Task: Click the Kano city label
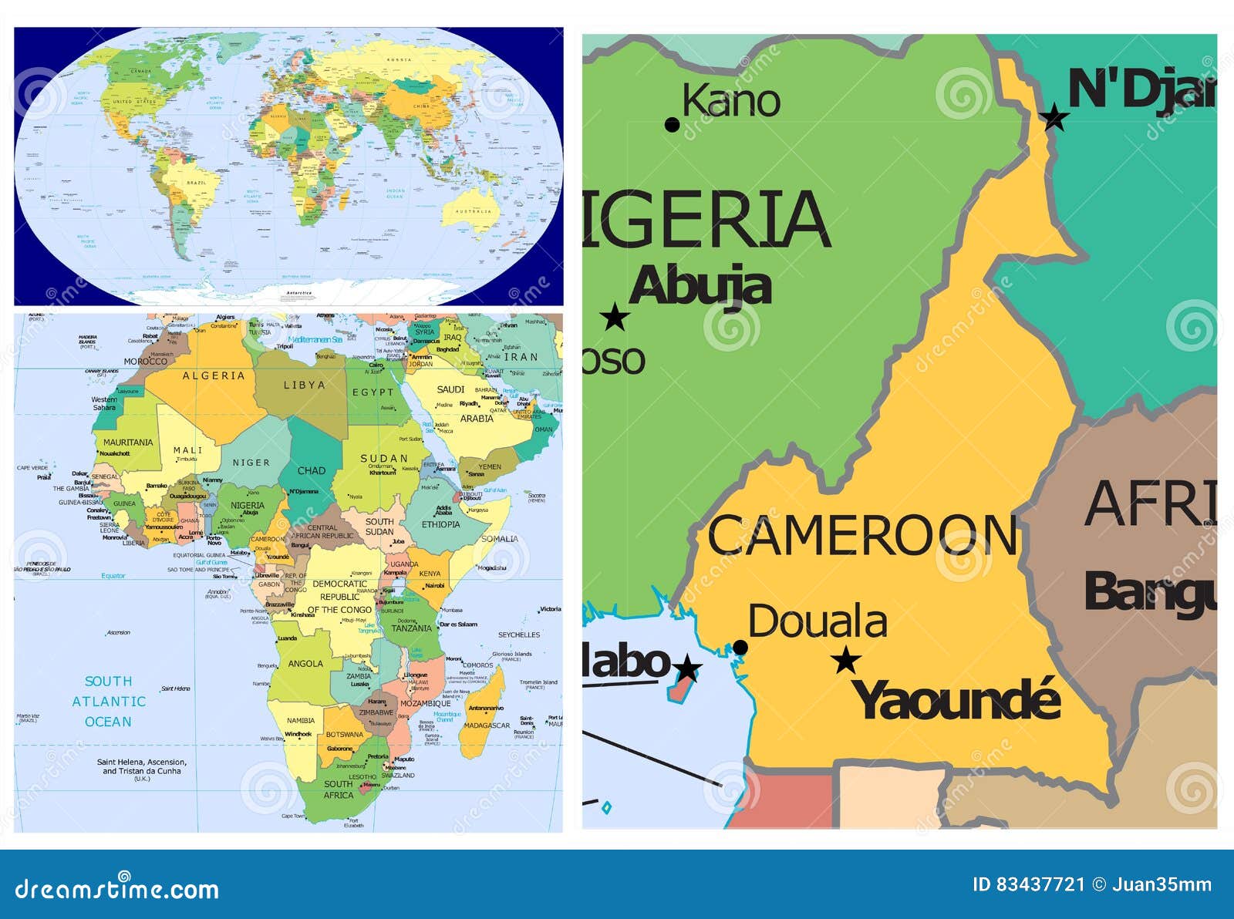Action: point(731,101)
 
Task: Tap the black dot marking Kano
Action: point(672,125)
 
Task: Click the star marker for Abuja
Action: point(615,317)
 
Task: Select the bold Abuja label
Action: point(700,286)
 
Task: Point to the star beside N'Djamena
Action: point(1054,118)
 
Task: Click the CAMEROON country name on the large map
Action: point(863,535)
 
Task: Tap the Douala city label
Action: point(818,621)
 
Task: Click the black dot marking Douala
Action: point(740,648)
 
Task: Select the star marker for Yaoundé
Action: point(847,660)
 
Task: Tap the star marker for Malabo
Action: point(686,668)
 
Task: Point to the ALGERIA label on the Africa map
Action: point(214,376)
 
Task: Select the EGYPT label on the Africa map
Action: point(373,392)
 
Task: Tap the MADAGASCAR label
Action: point(487,725)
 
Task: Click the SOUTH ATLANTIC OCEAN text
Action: point(108,702)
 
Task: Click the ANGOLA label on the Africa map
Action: point(305,664)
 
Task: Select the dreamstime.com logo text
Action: point(117,889)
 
